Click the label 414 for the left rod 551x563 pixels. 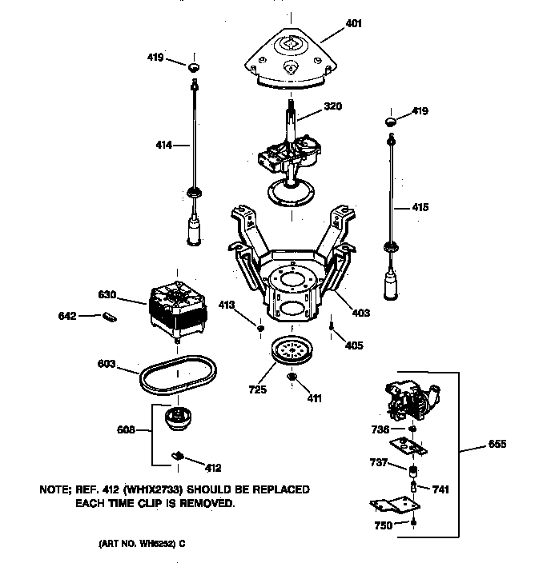click(x=163, y=145)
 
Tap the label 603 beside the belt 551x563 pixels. click(x=107, y=364)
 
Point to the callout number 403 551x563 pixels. click(x=360, y=313)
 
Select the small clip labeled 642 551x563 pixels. click(x=111, y=317)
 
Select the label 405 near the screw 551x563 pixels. click(x=353, y=345)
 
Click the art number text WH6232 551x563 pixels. click(x=155, y=544)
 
